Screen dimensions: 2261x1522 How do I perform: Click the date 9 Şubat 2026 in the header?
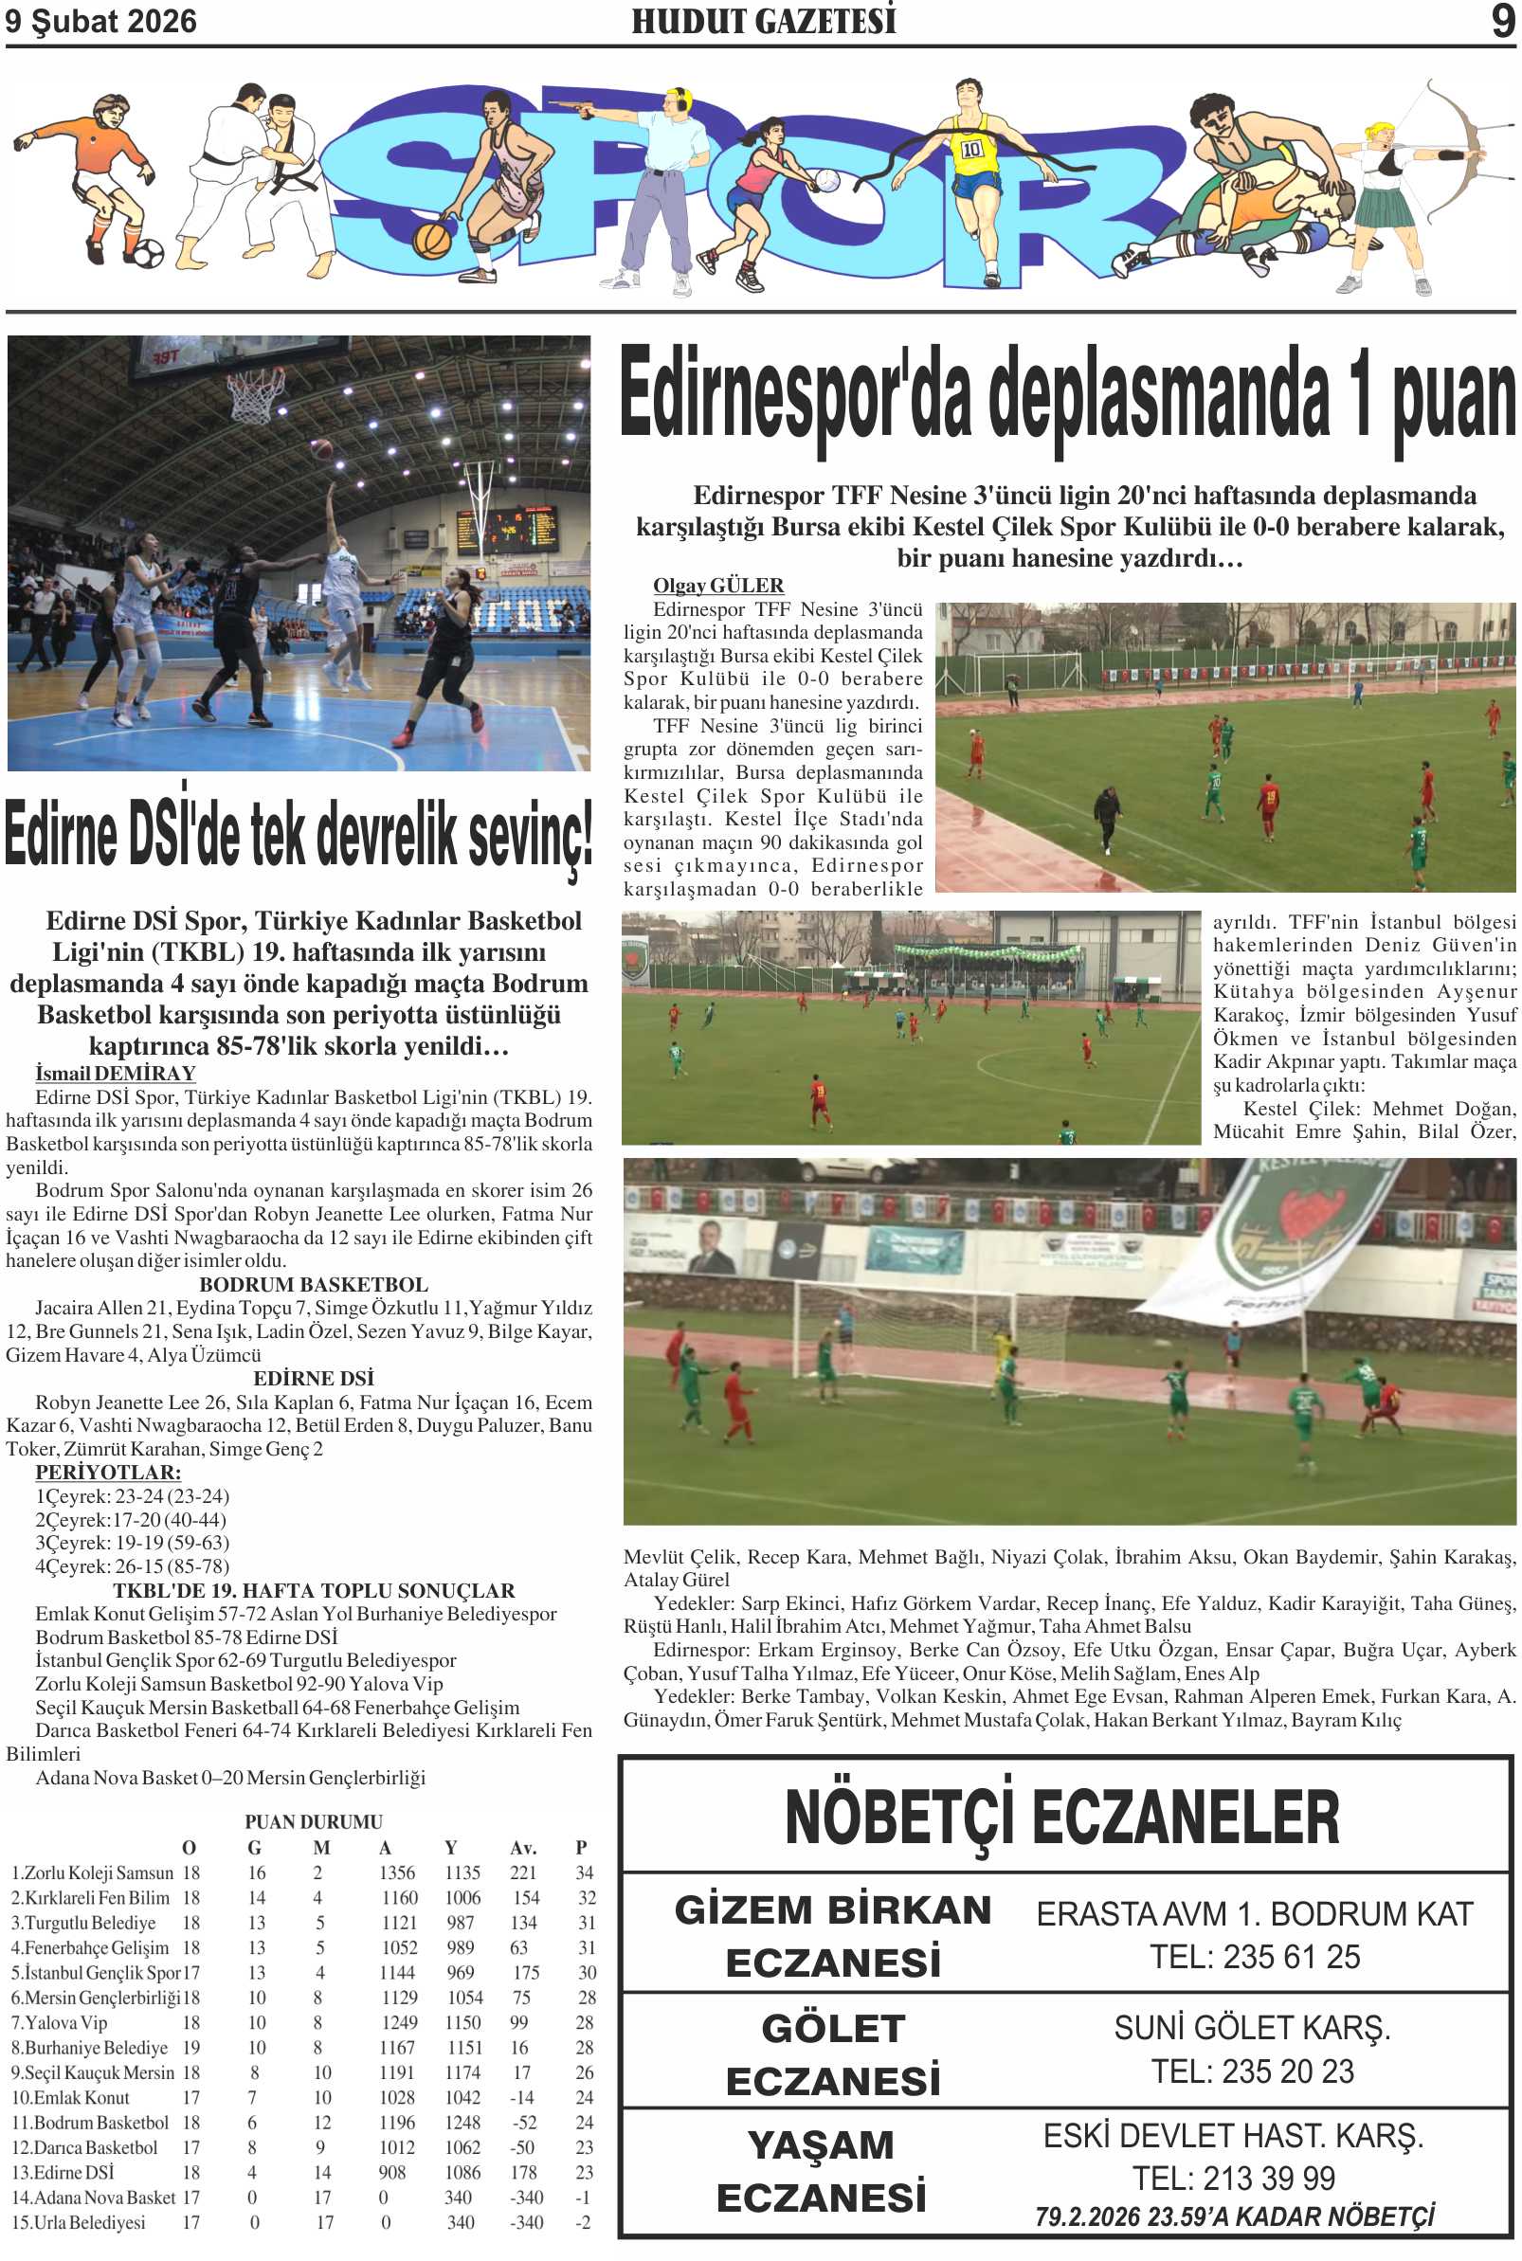(101, 22)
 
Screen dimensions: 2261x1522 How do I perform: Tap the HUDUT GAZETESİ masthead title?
(764, 22)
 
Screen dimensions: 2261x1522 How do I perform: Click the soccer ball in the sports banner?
(147, 253)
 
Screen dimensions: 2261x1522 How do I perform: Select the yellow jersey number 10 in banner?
(971, 150)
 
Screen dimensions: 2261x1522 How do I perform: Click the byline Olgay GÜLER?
(717, 585)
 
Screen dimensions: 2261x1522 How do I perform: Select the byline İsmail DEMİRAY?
(116, 1074)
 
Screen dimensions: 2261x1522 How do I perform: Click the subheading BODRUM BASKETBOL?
(313, 1284)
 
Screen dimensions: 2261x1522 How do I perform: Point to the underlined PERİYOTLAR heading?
(108, 1472)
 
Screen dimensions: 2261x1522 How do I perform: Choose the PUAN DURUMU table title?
(313, 1821)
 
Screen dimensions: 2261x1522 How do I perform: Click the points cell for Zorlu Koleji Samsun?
(585, 1872)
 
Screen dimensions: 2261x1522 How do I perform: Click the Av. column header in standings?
(523, 1847)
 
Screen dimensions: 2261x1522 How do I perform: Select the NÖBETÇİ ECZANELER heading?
(1062, 1816)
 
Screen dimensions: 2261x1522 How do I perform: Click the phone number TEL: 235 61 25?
(1254, 1957)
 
